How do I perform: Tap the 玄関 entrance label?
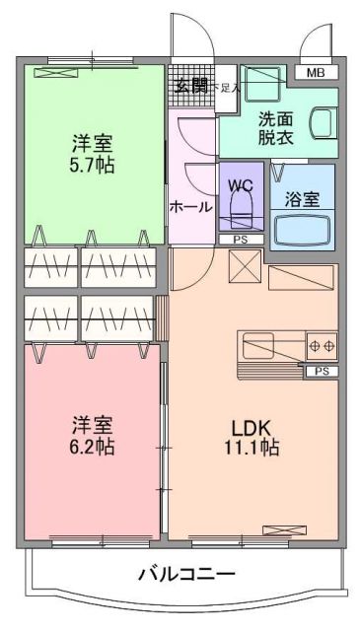tap(191, 86)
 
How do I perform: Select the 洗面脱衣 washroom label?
tap(275, 129)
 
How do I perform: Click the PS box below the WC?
tap(240, 239)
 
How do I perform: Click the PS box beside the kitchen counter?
tap(321, 371)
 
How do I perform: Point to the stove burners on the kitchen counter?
tap(322, 346)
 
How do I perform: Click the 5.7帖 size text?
tap(91, 165)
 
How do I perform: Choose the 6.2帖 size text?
tap(93, 447)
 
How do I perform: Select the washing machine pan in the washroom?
tap(260, 88)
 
